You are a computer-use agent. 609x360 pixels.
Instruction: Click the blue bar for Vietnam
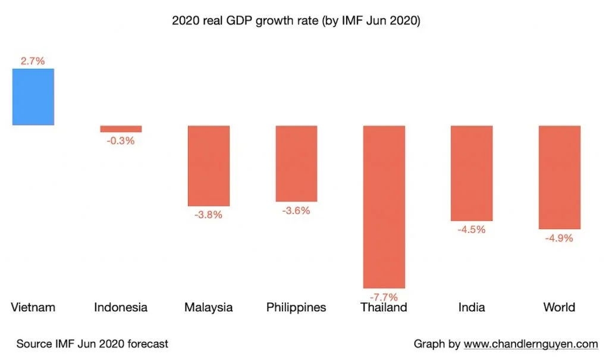[x=33, y=96]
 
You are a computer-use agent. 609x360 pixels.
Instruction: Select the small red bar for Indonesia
[x=121, y=129]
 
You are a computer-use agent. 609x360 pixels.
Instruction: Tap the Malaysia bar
[x=208, y=165]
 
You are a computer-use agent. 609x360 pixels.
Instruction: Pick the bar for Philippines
[x=296, y=164]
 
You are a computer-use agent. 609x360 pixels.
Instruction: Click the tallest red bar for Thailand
[x=384, y=206]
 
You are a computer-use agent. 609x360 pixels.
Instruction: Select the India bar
[x=472, y=173]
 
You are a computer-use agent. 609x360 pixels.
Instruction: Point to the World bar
[x=559, y=177]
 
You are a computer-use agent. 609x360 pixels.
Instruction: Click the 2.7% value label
[x=33, y=61]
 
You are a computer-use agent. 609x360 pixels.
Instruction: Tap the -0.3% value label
[x=121, y=141]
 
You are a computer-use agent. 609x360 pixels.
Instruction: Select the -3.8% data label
[x=208, y=215]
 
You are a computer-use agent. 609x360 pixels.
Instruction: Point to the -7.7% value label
[x=384, y=296]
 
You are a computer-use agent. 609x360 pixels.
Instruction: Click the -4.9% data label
[x=559, y=238]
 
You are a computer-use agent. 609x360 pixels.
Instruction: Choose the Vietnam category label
[x=33, y=308]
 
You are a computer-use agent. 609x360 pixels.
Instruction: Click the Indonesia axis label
[x=121, y=308]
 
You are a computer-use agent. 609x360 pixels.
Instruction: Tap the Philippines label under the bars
[x=296, y=308]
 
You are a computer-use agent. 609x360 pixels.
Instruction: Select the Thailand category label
[x=384, y=308]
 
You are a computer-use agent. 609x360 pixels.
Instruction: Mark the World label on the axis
[x=559, y=308]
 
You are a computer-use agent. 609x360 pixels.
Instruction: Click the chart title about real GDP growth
[x=296, y=21]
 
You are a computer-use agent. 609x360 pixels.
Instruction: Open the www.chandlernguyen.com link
[x=530, y=344]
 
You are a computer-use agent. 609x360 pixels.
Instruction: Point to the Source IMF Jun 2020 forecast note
[x=92, y=344]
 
